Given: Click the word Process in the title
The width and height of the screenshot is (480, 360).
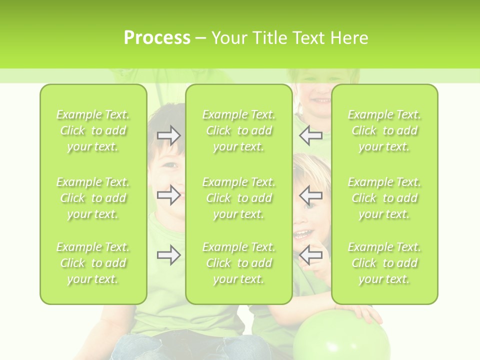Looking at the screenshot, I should [x=157, y=38].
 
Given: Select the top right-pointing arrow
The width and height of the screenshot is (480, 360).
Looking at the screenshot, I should [x=168, y=135].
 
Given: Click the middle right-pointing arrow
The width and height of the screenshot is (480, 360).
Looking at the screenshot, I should [x=168, y=195].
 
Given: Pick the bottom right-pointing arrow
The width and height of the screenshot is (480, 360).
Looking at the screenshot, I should [x=168, y=255].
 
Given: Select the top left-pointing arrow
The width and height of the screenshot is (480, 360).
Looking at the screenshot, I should [x=311, y=135].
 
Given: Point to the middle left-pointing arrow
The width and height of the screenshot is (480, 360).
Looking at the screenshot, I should [x=311, y=195].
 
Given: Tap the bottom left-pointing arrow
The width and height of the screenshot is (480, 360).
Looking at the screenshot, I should [x=311, y=255].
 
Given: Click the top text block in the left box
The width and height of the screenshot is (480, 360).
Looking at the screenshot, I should [x=93, y=131].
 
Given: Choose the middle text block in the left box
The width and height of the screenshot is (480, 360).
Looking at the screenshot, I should [x=93, y=198].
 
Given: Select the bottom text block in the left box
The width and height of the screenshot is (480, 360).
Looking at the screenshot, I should [x=93, y=263].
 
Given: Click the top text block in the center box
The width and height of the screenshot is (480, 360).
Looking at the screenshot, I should [x=239, y=131].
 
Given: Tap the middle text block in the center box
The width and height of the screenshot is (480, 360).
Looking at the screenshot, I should [x=239, y=198].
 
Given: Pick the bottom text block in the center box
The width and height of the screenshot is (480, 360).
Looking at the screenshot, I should [x=239, y=263].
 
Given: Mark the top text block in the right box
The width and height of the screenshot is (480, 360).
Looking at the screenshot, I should [x=384, y=131].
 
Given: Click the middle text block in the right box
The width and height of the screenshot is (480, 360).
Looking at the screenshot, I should [x=384, y=198].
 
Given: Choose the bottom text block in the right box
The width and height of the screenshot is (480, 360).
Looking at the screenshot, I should [x=384, y=263].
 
